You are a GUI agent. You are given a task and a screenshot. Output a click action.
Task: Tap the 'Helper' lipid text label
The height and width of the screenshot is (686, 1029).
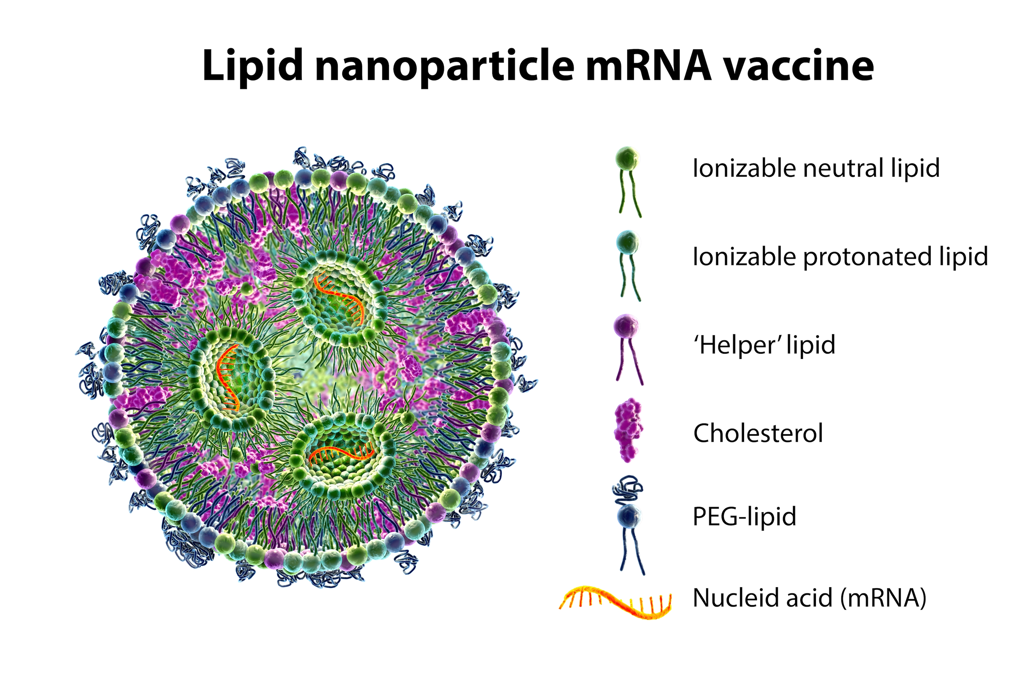click(764, 345)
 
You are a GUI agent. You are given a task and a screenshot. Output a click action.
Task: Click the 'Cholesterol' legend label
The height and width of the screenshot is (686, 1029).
click(758, 433)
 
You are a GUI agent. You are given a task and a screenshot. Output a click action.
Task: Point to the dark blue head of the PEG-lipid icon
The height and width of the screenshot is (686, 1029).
click(629, 516)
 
